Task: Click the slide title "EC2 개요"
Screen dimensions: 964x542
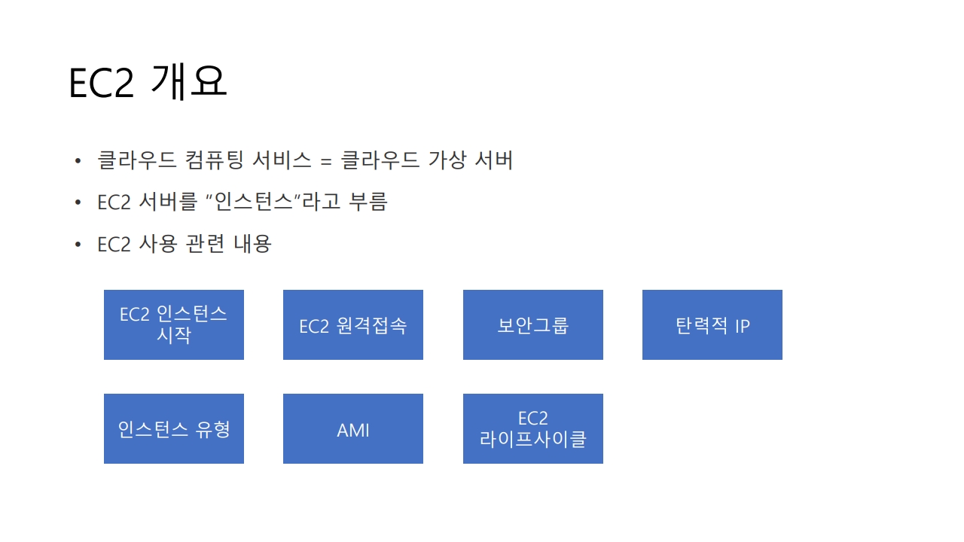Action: coord(148,83)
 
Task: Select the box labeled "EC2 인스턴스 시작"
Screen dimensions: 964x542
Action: coord(174,324)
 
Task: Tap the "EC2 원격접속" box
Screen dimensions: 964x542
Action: coord(353,325)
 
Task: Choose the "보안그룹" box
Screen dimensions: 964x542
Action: coord(532,325)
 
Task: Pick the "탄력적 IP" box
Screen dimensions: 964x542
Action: coord(712,325)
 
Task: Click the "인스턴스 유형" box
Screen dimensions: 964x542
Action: coord(174,429)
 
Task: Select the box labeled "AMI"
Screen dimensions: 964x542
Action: coord(353,429)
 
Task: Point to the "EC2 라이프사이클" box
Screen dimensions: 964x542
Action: coord(532,429)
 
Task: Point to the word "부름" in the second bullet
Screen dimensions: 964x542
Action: coord(368,202)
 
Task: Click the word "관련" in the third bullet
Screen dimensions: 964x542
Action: coord(204,244)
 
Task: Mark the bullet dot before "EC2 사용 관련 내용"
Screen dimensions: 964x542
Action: coord(78,245)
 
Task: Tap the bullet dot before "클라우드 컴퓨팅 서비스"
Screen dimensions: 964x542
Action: coord(78,161)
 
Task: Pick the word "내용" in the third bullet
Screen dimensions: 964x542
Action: coord(252,244)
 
